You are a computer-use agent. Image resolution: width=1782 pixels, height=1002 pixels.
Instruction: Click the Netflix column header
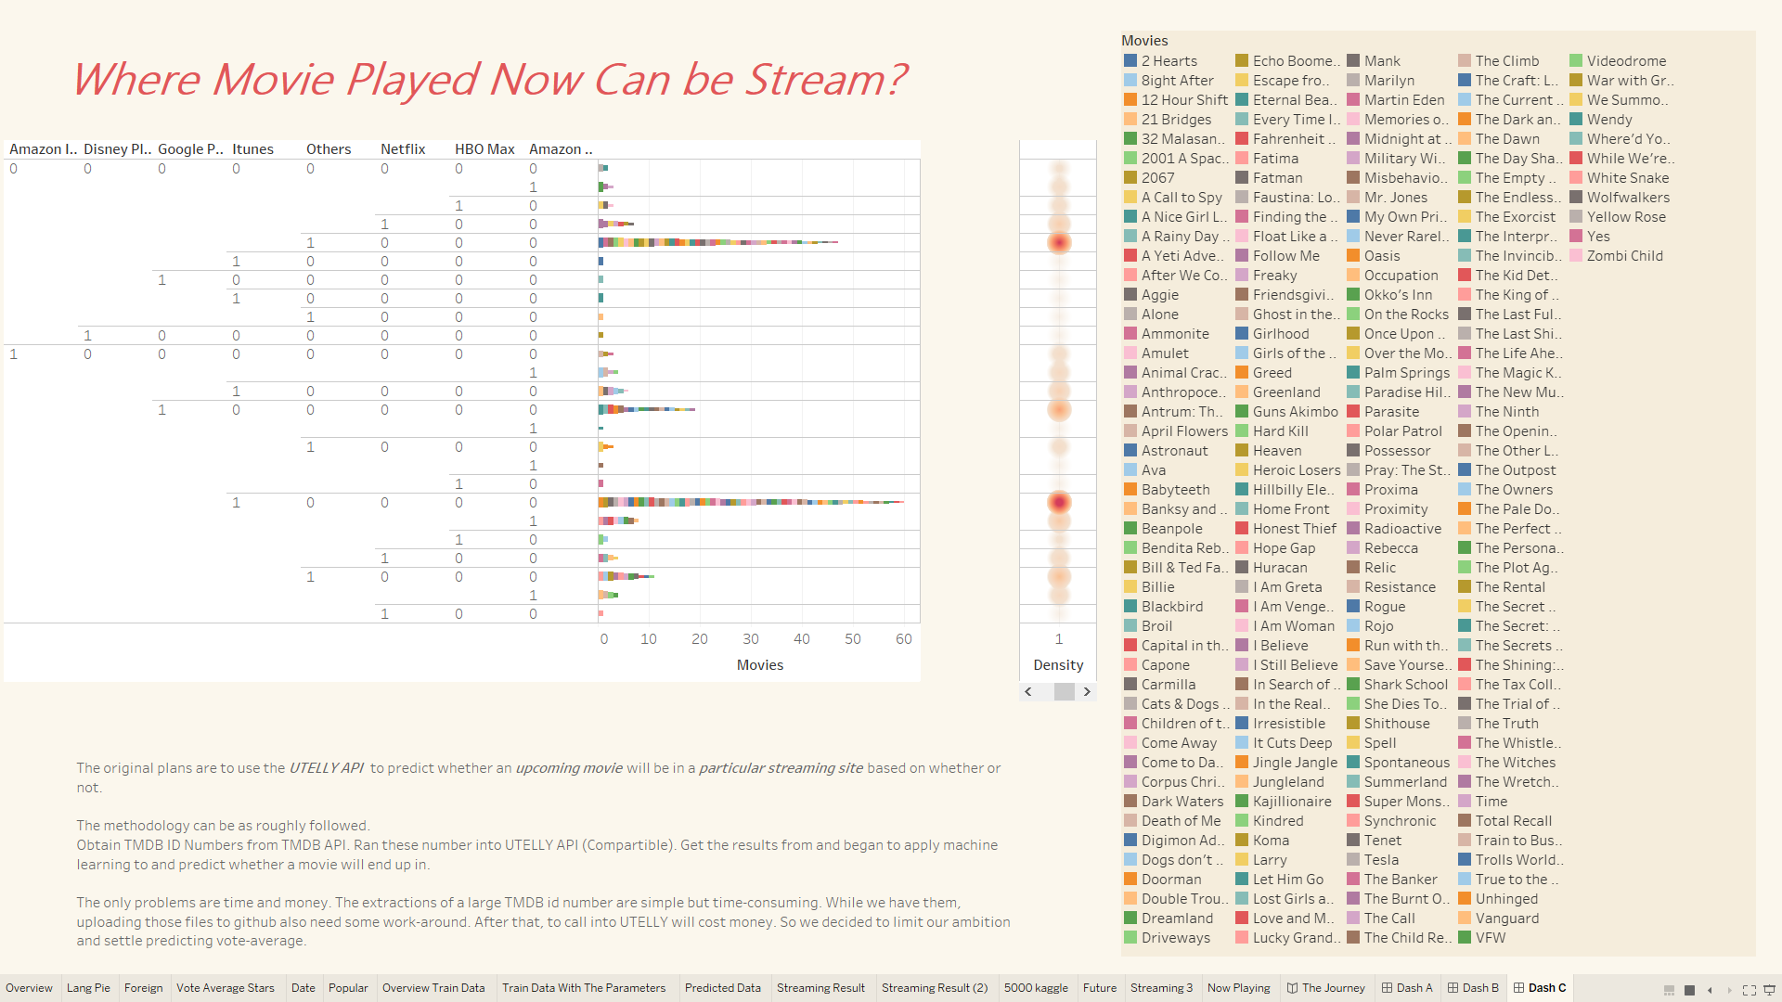tap(403, 149)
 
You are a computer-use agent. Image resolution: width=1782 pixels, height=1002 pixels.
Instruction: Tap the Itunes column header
tap(252, 149)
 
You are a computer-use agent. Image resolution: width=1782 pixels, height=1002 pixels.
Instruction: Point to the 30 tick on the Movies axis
tap(751, 639)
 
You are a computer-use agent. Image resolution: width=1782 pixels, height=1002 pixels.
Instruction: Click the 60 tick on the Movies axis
tap(904, 639)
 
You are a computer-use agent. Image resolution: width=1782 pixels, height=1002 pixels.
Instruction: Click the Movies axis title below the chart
tap(760, 665)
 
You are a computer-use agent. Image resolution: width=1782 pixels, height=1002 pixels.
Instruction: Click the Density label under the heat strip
tap(1058, 665)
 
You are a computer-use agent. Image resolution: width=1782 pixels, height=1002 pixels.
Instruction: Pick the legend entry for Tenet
tap(1375, 841)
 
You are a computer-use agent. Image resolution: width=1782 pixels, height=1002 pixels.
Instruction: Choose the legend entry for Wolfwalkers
tap(1620, 198)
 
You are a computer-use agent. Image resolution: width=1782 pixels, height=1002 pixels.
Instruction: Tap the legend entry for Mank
tap(1374, 61)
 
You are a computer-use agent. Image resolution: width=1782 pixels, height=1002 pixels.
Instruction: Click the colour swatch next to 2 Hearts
tap(1130, 61)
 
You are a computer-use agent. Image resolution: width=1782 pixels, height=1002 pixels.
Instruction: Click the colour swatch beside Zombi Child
tap(1576, 256)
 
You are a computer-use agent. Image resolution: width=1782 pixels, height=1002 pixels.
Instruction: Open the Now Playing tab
tap(1238, 988)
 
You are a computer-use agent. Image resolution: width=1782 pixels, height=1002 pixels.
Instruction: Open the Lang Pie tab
tap(88, 988)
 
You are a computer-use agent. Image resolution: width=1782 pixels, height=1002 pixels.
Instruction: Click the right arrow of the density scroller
tap(1087, 692)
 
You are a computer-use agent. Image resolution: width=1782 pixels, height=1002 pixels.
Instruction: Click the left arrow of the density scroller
tap(1028, 692)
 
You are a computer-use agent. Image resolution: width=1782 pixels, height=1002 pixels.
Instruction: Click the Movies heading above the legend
tap(1144, 41)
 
